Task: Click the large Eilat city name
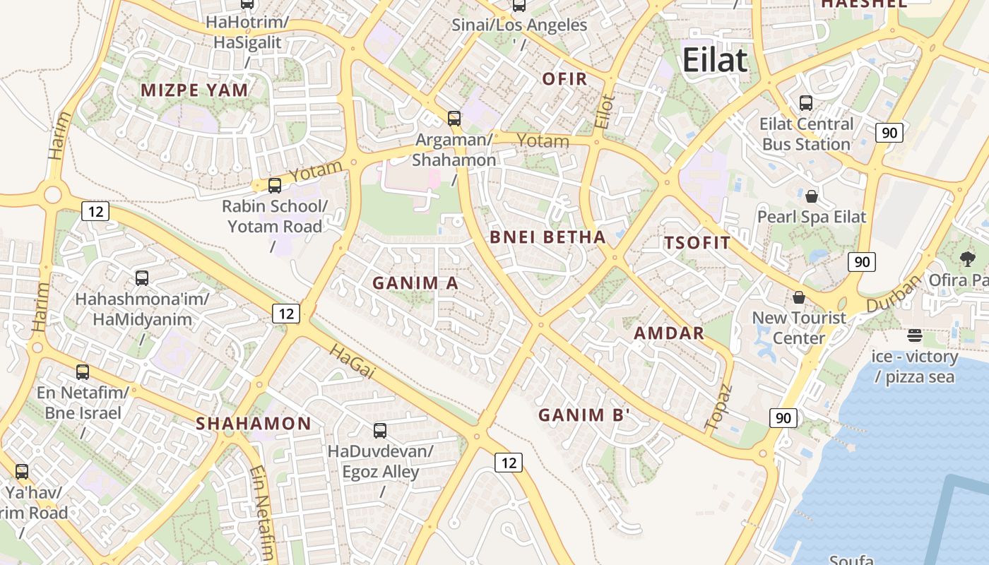click(x=714, y=60)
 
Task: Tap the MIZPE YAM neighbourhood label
click(x=194, y=90)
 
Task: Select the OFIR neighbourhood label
click(x=564, y=79)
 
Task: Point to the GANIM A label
click(x=415, y=283)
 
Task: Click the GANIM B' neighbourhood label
click(x=584, y=415)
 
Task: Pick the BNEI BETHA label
click(x=547, y=237)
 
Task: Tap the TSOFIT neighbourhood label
click(x=697, y=243)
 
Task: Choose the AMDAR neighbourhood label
click(x=669, y=333)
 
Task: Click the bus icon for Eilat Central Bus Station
click(x=806, y=103)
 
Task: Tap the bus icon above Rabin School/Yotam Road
click(x=275, y=186)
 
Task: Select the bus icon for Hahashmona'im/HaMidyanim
click(x=142, y=278)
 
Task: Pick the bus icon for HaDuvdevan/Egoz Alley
click(x=380, y=430)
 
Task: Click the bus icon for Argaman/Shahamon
click(x=454, y=119)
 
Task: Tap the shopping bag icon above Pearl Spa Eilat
click(x=812, y=196)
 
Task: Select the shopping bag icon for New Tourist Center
click(x=799, y=297)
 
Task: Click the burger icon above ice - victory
click(x=915, y=335)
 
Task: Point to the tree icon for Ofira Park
click(x=968, y=259)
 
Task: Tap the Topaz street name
click(x=720, y=408)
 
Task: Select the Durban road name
click(x=894, y=294)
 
